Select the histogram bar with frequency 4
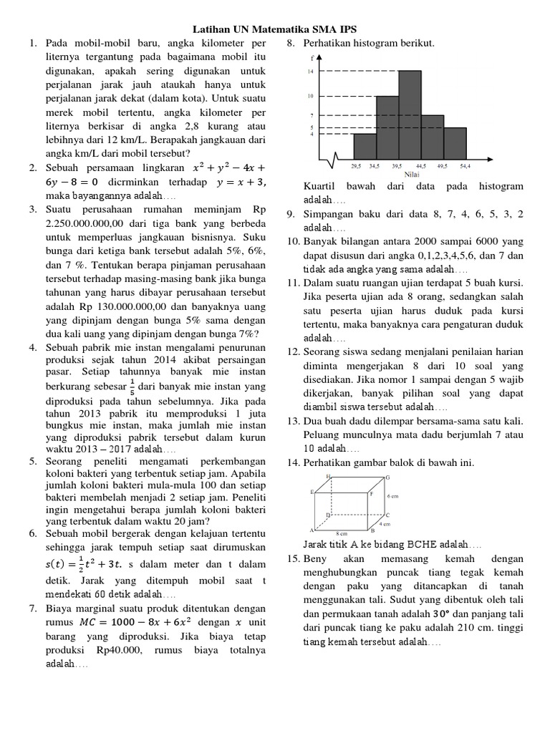[x=365, y=146]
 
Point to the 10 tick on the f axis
[x=311, y=96]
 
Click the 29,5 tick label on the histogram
[x=356, y=166]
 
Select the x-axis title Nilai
[x=412, y=174]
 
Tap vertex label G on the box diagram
[x=387, y=477]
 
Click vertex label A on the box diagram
[x=311, y=530]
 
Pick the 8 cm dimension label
[x=341, y=533]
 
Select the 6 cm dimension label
[x=392, y=495]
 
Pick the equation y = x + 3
[x=239, y=182]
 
